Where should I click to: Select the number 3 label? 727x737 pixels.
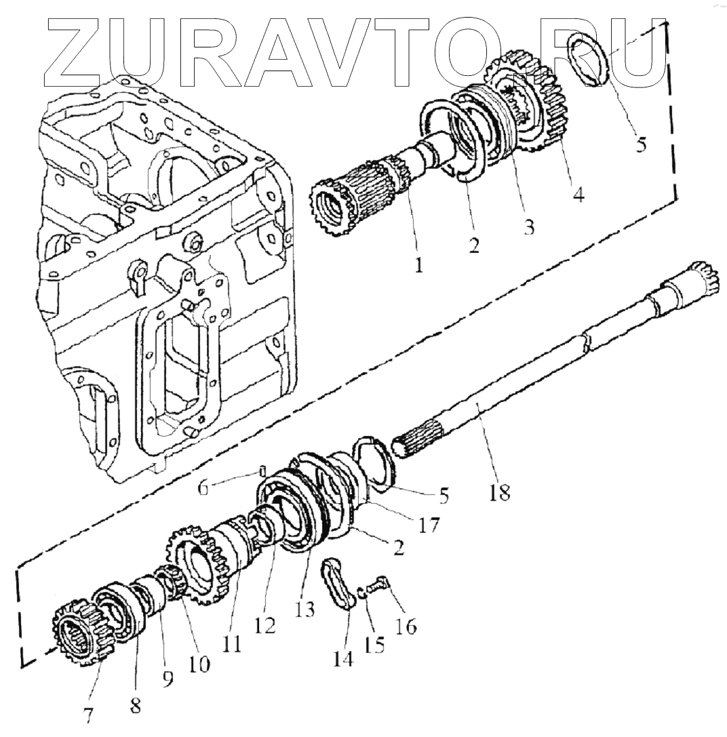528,226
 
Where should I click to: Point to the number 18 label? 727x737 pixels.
499,493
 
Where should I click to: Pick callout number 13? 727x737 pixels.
304,610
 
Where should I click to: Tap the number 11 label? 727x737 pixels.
233,643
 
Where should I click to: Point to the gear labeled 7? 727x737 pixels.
81,631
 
